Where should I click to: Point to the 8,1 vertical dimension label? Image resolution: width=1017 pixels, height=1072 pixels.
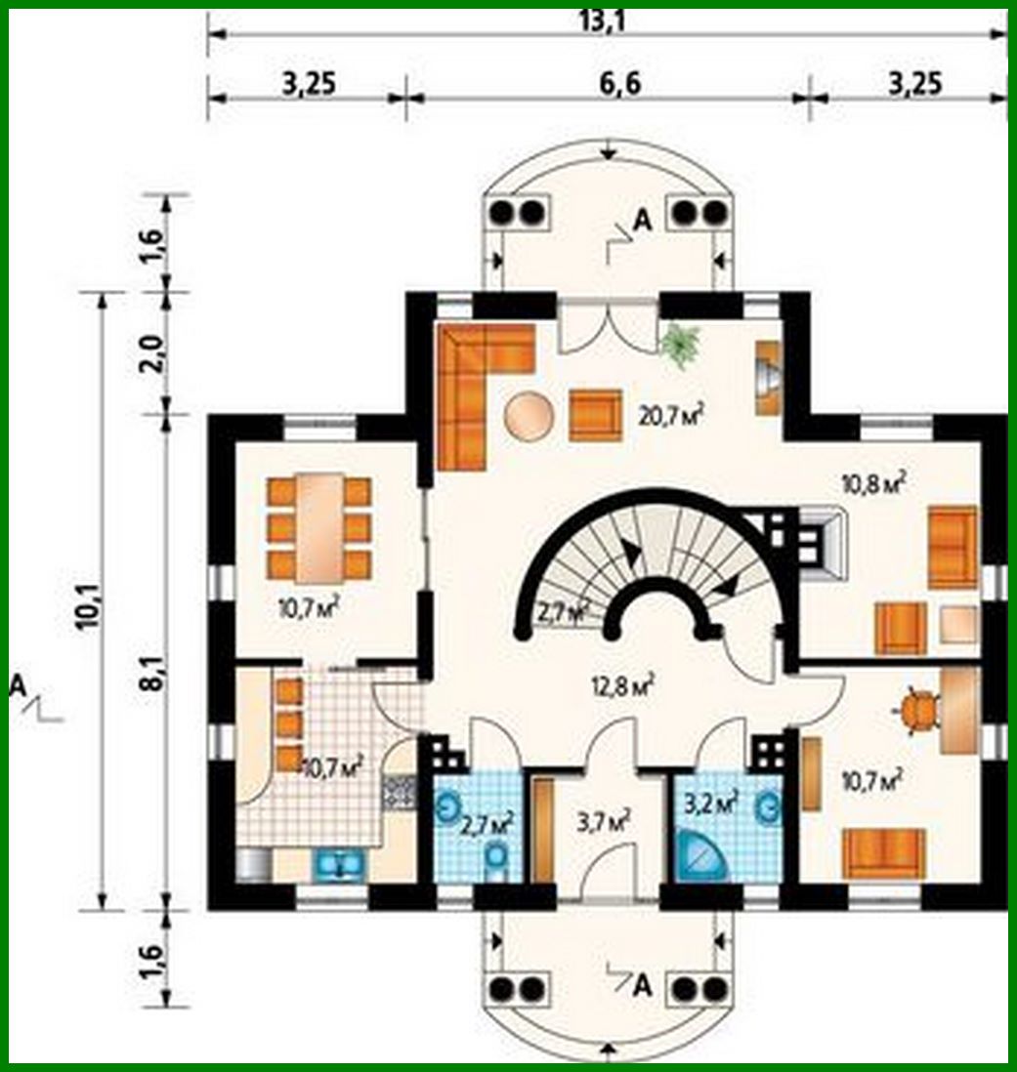152,674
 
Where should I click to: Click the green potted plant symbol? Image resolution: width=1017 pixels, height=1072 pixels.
680,345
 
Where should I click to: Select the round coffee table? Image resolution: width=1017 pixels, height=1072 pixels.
529,414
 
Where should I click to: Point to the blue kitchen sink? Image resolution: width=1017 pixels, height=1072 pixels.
338,863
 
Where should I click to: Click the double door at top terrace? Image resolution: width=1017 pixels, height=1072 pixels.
608,326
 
